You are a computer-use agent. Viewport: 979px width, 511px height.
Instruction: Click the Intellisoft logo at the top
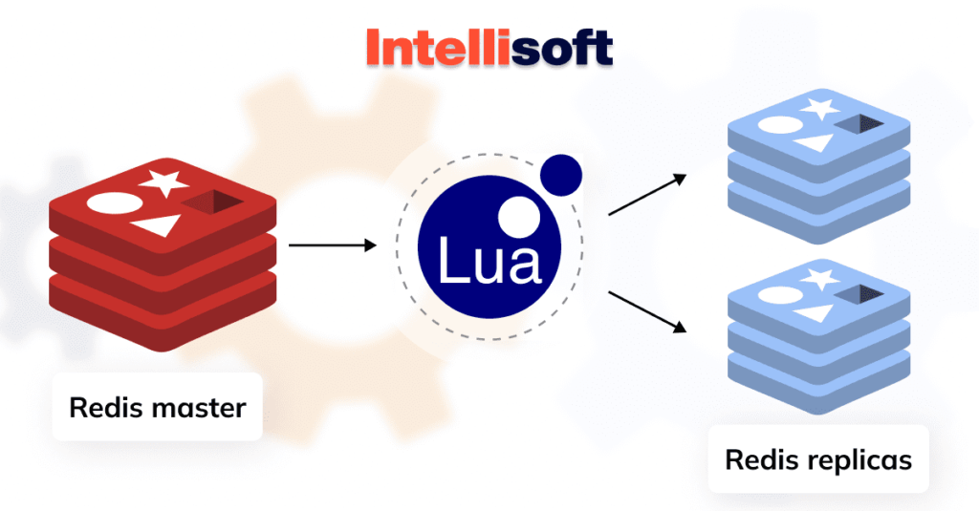(x=489, y=46)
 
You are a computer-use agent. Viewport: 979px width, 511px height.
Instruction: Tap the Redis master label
(x=157, y=408)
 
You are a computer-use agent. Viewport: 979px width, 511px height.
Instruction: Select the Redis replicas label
(x=818, y=459)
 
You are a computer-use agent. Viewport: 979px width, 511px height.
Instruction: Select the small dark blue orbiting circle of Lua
(x=559, y=175)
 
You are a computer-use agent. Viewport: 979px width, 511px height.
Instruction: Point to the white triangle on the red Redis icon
(x=157, y=225)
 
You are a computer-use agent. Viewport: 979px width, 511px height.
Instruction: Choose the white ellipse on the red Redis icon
(x=108, y=203)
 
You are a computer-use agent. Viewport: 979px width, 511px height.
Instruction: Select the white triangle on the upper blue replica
(x=813, y=143)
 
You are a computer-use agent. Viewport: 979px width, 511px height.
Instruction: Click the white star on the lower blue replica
(x=816, y=279)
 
